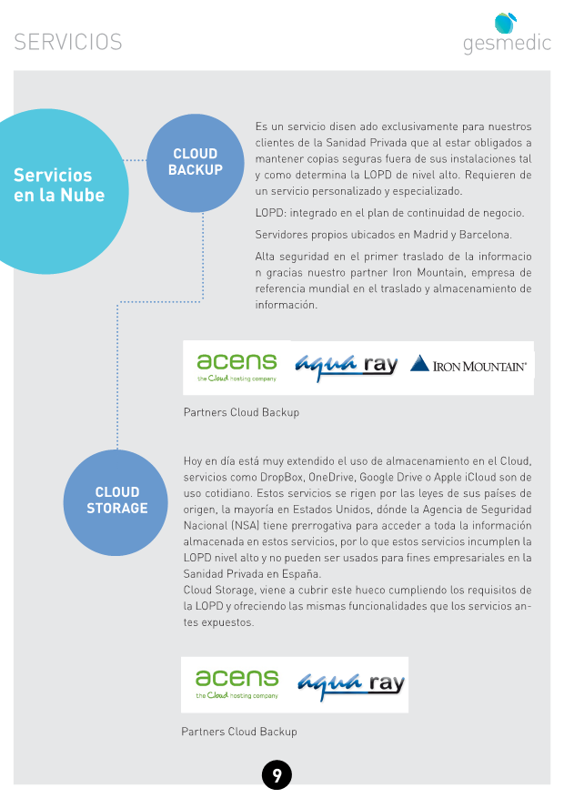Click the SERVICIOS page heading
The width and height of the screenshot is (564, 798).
tap(68, 42)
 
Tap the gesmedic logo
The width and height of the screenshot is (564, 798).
tap(507, 34)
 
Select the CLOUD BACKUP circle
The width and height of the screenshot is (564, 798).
tap(196, 163)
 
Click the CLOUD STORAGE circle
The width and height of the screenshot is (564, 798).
tap(116, 502)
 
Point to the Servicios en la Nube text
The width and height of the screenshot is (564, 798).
tap(59, 186)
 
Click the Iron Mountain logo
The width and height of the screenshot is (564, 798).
tap(468, 364)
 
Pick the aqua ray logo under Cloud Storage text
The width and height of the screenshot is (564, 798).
tap(351, 684)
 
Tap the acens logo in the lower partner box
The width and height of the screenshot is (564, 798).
tap(237, 684)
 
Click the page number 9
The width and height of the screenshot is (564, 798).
tap(277, 775)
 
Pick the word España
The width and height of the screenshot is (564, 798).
tap(302, 574)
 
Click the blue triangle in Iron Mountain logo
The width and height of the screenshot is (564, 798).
tap(419, 363)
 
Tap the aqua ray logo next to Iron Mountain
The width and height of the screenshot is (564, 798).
tap(346, 366)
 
